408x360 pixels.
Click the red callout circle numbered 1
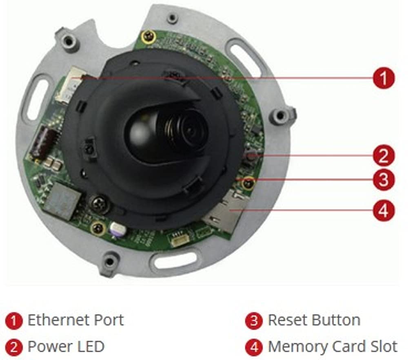[x=384, y=78]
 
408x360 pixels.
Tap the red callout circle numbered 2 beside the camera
[x=384, y=156]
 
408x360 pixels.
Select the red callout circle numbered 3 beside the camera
[x=384, y=179]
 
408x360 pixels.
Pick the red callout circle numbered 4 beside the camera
[x=384, y=210]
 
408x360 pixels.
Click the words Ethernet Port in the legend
[x=75, y=320]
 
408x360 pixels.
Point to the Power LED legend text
[x=66, y=347]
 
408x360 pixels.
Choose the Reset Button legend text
[x=314, y=320]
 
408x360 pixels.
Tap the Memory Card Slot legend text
[x=332, y=347]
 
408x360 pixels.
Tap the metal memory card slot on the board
[x=223, y=212]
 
